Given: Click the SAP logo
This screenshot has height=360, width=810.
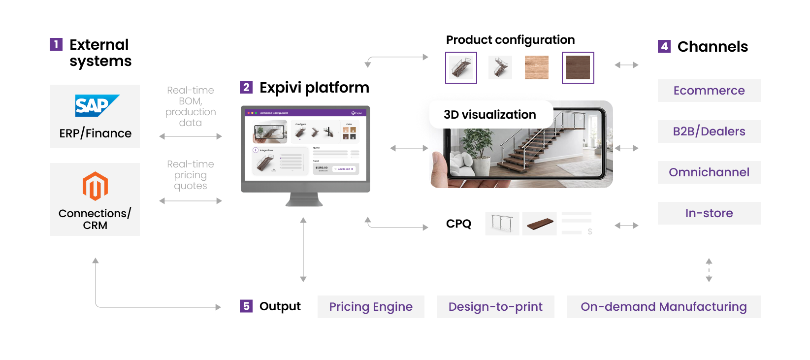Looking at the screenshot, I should coord(97,105).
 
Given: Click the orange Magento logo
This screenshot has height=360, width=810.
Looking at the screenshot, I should coord(95,186).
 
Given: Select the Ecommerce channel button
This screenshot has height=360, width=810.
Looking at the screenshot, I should coord(709,91).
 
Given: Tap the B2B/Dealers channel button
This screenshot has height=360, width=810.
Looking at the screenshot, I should coord(709,131).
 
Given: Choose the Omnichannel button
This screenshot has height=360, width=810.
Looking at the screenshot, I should coord(709,172).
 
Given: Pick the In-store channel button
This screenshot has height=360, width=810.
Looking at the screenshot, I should coord(709,213).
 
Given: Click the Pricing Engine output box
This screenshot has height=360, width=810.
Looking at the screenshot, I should coord(371,307).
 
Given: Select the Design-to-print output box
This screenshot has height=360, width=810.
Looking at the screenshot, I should coord(495,307).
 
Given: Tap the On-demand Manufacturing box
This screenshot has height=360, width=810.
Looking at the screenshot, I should coord(663,307).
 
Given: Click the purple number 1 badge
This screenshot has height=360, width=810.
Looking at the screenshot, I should coord(56,45).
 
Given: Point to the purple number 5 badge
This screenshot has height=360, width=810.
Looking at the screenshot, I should coord(246,306).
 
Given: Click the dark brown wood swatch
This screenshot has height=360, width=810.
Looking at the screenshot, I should coord(578,67).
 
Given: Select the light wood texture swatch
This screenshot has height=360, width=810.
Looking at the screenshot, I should coord(536,67).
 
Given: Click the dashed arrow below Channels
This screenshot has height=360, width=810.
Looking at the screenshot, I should coord(709,270).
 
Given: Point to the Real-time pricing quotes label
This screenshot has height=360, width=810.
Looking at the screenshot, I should coord(191,175).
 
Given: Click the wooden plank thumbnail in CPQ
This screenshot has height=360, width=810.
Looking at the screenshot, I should coord(540,224).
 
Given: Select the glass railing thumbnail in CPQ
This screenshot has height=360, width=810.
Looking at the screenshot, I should coord(502,224).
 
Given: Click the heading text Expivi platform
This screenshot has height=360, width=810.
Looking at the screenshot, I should coord(314,88).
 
